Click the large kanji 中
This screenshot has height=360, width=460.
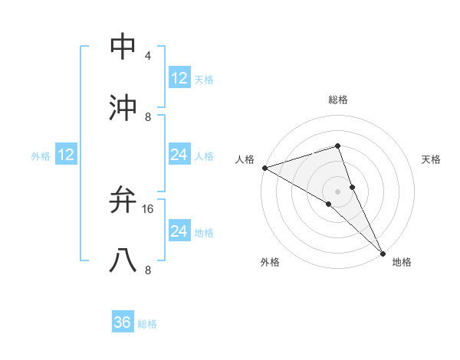coord(123,47)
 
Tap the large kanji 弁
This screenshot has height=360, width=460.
coord(123,200)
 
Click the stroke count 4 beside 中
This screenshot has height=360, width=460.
coord(147,56)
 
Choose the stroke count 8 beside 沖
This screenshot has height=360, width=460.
coord(147,117)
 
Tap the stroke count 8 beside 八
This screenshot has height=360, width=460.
coord(147,270)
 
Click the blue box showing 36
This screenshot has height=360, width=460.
coord(123,322)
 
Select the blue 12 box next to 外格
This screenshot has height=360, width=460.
coord(66,155)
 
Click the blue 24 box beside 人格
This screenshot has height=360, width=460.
coord(179,155)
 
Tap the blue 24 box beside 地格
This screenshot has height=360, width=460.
coord(179,231)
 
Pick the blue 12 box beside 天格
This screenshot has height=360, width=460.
coord(179,77)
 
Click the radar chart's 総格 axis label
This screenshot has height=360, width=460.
coord(337,100)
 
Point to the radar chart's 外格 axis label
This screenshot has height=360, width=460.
coord(270,262)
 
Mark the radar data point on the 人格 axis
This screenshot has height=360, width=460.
coord(264,168)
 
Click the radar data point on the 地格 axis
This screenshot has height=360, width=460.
coord(383,252)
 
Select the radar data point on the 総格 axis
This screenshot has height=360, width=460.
coord(337,146)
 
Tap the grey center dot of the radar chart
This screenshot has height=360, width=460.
coord(337,191)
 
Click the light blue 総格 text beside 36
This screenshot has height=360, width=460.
coord(147,324)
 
